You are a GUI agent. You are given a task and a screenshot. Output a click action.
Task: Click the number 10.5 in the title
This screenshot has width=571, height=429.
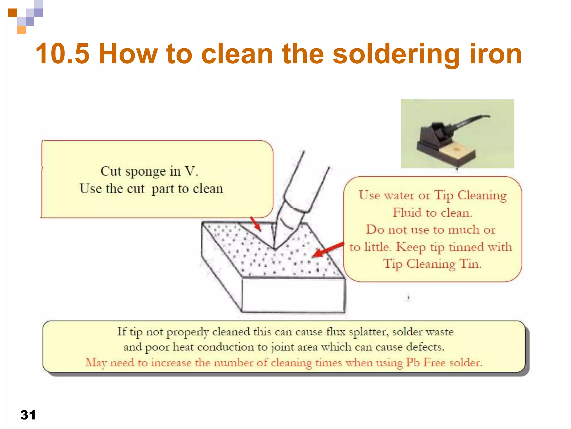click(x=62, y=54)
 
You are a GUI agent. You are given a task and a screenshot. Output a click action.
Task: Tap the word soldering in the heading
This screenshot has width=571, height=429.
click(x=396, y=54)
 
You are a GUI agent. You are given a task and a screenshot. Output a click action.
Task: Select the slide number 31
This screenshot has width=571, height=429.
click(x=28, y=415)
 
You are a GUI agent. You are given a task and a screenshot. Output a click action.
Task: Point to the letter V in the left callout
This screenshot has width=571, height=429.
click(x=190, y=171)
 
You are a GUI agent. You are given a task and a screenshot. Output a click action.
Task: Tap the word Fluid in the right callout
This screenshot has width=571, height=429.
click(x=407, y=213)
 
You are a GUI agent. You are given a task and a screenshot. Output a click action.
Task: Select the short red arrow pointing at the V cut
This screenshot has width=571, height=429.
click(x=255, y=224)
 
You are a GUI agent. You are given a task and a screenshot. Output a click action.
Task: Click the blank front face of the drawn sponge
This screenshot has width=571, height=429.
click(x=293, y=295)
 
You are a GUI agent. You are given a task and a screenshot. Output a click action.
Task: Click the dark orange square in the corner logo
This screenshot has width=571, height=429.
click(x=13, y=13)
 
